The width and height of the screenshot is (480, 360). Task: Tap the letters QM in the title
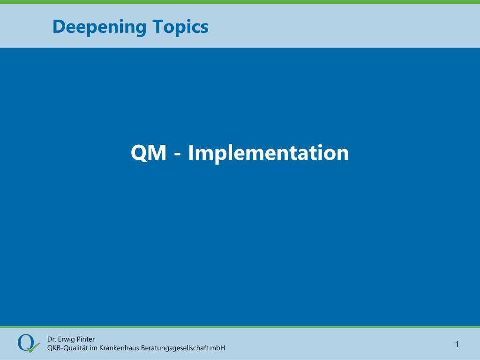tap(149, 153)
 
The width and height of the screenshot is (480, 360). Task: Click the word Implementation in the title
tap(268, 153)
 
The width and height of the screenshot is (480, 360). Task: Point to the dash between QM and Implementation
tap(177, 154)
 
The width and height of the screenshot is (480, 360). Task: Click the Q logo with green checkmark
tap(29, 344)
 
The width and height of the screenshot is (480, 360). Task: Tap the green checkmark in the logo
tap(33, 348)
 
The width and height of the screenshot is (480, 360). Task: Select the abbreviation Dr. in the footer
tap(52, 339)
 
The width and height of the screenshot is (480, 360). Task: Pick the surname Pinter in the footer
tap(86, 339)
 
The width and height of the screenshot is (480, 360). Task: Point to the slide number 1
tap(457, 345)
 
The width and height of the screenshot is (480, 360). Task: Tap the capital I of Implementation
tap(190, 153)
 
